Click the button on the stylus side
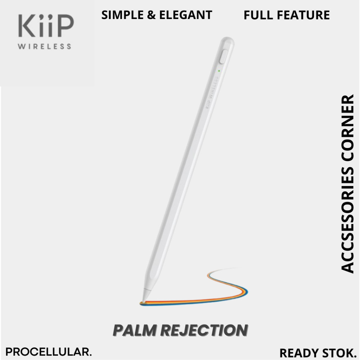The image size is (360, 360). (222, 57)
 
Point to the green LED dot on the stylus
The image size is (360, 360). (219, 71)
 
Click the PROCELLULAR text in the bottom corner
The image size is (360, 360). (49, 352)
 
